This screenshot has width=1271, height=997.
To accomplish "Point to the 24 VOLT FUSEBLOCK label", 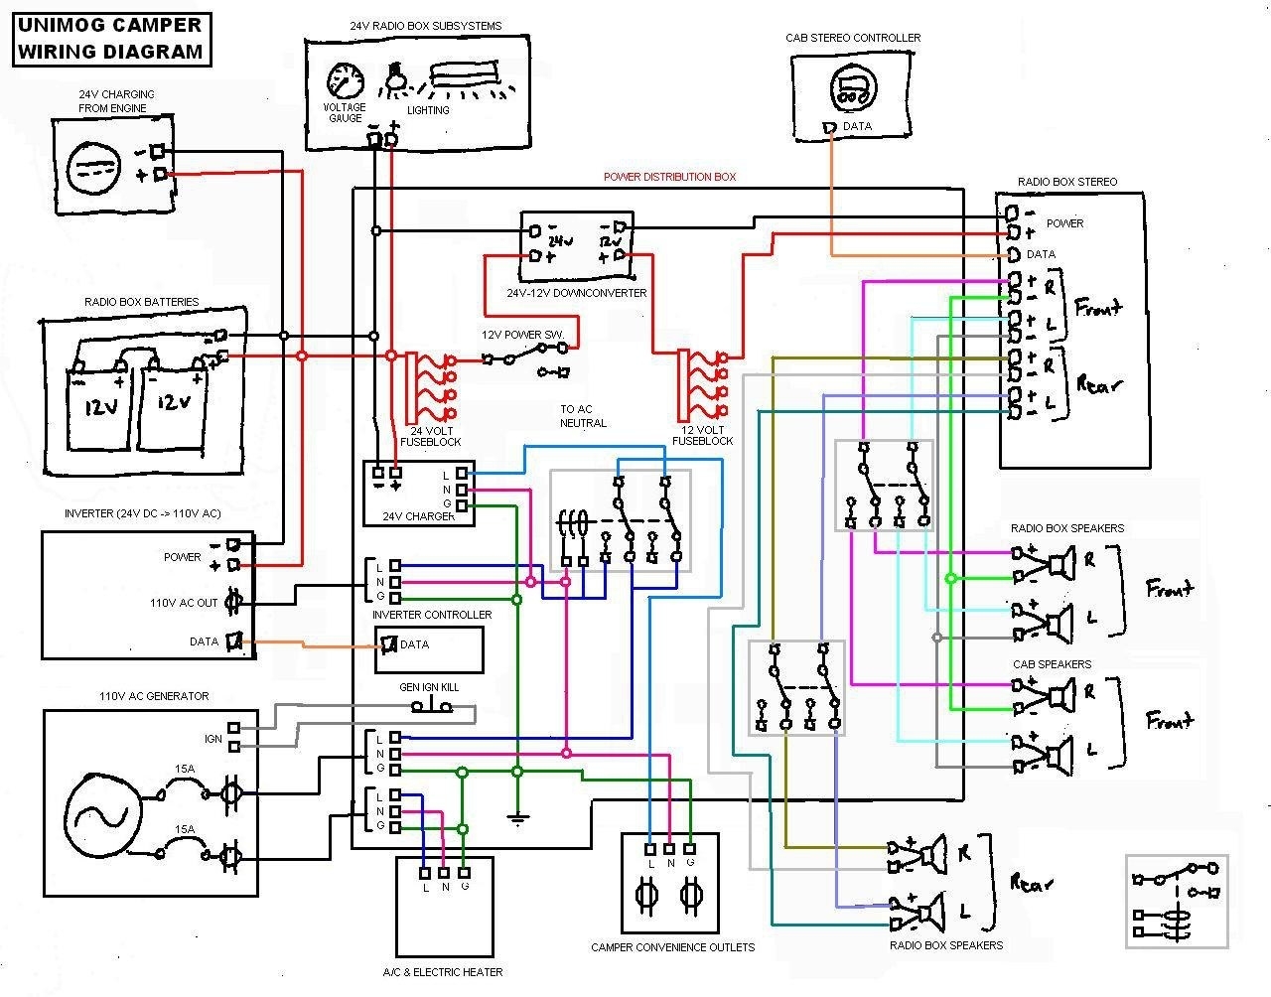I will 430,435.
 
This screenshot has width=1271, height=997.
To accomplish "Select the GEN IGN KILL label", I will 430,687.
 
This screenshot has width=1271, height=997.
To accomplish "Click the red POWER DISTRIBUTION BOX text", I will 670,177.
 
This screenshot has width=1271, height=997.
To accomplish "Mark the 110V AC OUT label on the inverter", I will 183,603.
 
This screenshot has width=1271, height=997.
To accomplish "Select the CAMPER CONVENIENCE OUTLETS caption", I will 672,947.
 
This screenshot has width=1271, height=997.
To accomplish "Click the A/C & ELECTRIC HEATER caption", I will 443,972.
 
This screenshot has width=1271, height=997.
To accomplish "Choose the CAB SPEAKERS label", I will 1052,664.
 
